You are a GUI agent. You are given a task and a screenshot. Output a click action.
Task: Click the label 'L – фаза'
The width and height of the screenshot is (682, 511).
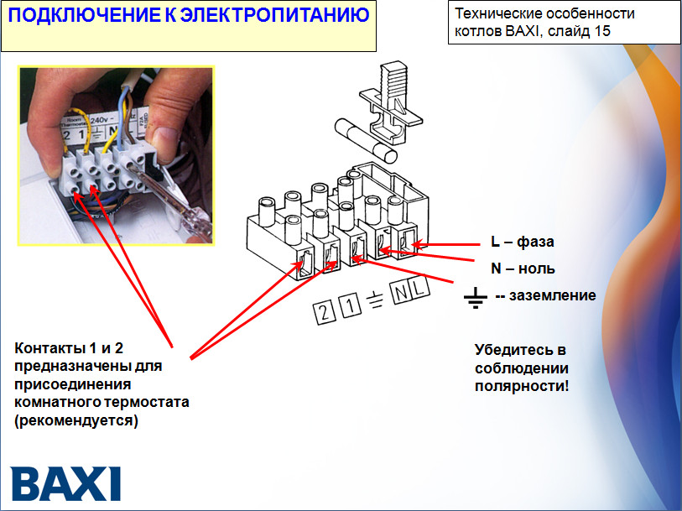[522, 242]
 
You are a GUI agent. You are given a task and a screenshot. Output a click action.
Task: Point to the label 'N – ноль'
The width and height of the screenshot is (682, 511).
[523, 269]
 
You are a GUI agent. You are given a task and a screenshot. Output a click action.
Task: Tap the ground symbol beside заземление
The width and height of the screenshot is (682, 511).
[476, 296]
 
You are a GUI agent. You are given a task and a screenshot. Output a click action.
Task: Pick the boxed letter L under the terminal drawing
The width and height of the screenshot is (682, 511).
[419, 289]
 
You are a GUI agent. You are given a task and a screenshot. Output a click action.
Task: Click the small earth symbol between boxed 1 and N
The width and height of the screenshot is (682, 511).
[377, 300]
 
